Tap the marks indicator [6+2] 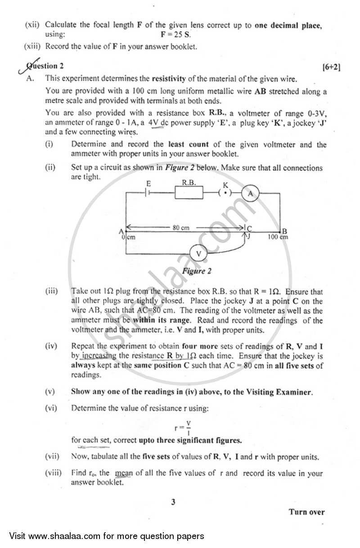pos(331,67)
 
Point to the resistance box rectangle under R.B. pos(188,193)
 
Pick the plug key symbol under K pos(225,193)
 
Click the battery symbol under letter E pos(148,193)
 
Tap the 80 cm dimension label pos(181,228)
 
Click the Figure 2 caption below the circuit pos(197,271)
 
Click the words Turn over pos(306,512)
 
